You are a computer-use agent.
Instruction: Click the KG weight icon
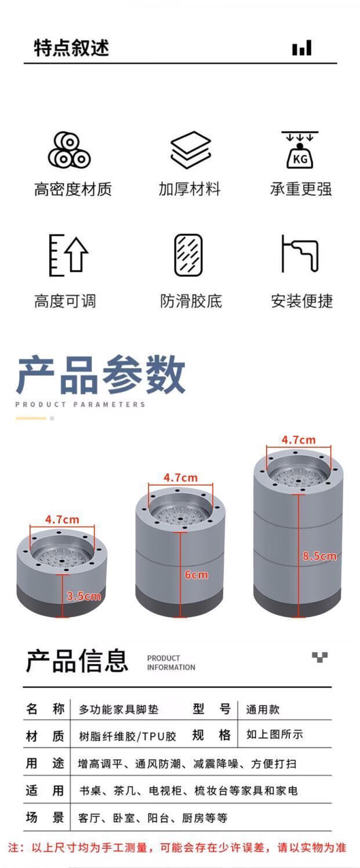300,149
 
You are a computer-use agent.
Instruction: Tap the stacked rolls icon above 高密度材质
70,149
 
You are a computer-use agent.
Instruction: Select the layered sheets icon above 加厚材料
191,149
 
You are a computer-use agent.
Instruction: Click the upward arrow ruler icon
68,254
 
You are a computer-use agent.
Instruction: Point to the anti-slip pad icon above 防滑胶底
188,255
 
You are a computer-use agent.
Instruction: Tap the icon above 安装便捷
300,253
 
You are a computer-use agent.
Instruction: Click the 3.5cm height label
83,596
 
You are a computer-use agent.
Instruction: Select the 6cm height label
196,574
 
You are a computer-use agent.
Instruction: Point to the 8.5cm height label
319,556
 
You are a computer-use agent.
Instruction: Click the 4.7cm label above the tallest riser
299,440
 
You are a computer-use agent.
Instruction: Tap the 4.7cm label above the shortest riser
62,519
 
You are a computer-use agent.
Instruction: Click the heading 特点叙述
72,48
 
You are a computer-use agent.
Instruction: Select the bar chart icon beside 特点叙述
302,48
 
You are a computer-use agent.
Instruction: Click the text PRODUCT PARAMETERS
80,404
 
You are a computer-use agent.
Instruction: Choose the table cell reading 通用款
263,709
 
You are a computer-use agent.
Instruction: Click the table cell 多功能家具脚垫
119,709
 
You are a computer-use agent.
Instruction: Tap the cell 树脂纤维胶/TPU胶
128,736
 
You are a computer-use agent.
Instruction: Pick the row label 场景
45,818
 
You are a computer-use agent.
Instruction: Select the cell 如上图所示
275,734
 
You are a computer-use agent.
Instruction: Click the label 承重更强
301,189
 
